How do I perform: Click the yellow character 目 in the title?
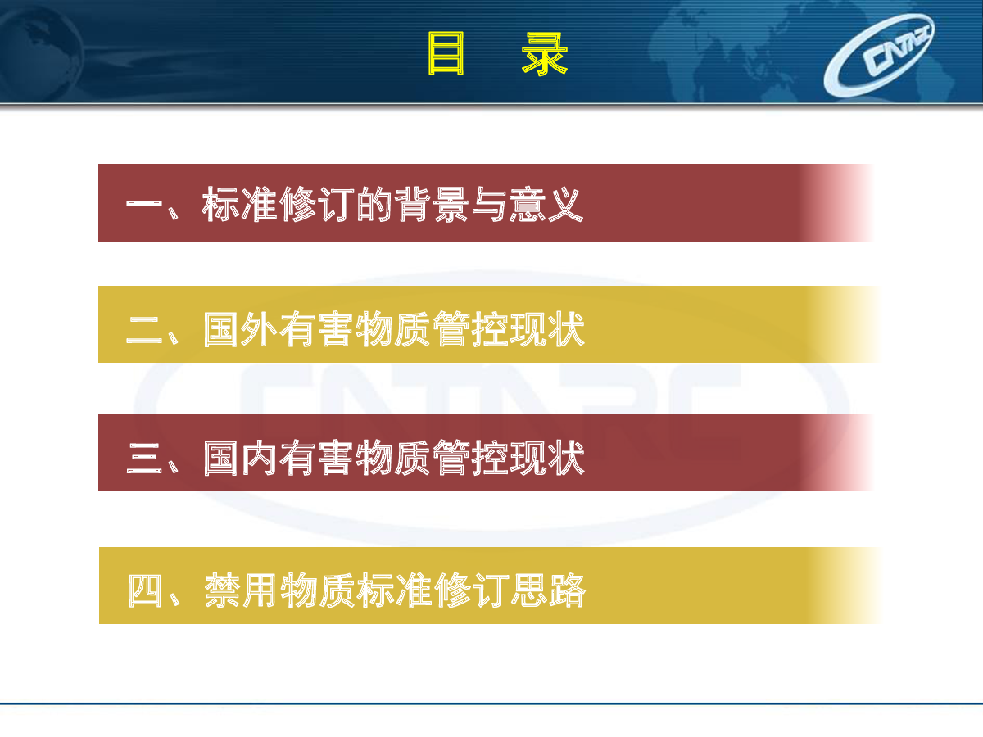(445, 54)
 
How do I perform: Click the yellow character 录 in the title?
(545, 54)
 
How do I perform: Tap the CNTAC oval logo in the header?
(879, 55)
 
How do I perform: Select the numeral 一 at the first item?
(143, 204)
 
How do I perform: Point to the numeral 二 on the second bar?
(143, 330)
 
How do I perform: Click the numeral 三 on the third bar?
(143, 458)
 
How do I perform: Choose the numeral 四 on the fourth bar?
(145, 590)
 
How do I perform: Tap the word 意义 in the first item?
(546, 204)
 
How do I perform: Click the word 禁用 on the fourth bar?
(241, 590)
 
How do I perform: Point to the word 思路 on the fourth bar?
(548, 590)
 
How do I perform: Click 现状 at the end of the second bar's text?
(547, 329)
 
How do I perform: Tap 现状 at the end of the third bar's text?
(547, 458)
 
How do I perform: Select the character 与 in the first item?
(488, 204)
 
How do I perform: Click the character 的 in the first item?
(374, 204)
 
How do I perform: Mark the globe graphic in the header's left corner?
(40, 52)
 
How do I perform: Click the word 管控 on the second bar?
(470, 329)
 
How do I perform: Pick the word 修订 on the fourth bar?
(472, 590)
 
